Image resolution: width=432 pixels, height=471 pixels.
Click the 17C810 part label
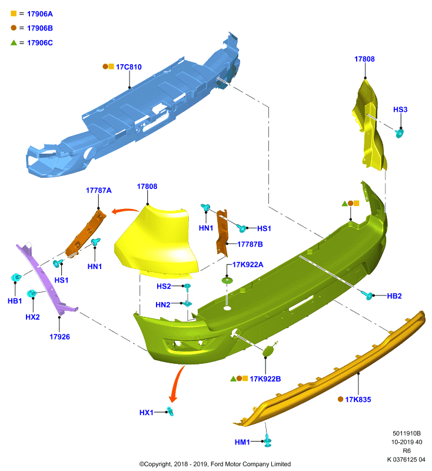[x=128, y=67]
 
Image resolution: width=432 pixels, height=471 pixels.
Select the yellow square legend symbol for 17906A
[x=14, y=14]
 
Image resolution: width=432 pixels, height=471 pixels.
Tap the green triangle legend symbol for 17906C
[x=14, y=42]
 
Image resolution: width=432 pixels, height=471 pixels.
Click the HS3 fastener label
[x=400, y=110]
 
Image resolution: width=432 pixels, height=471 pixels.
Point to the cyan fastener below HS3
[x=400, y=132]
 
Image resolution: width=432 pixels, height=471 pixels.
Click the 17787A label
[x=98, y=190]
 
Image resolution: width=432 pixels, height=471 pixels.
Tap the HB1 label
[x=15, y=301]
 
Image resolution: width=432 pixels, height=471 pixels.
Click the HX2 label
[x=32, y=317]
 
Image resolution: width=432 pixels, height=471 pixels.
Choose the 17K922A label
[x=248, y=264]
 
